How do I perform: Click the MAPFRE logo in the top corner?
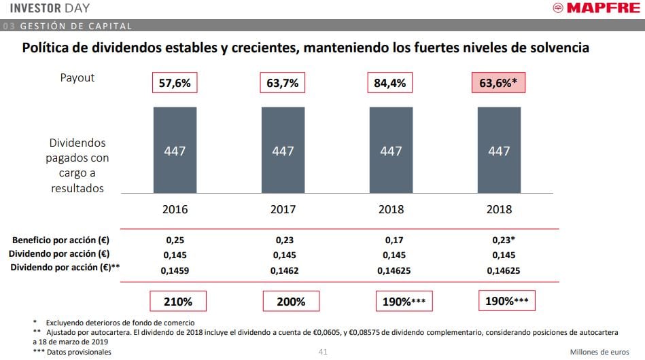tap(595, 9)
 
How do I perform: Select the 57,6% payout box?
tap(175, 84)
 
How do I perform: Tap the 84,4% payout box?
tap(391, 84)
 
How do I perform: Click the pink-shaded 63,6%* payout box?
tap(499, 84)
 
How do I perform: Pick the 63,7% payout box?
tap(283, 84)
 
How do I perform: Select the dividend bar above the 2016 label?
tap(175, 150)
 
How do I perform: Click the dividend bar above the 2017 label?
tap(283, 150)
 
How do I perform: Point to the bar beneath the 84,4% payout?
tap(391, 150)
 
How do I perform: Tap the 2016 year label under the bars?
tap(175, 209)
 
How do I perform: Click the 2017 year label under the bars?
tap(283, 209)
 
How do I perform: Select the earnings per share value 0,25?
tap(175, 240)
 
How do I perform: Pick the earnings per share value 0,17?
tap(391, 240)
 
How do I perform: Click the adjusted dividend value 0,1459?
tap(175, 270)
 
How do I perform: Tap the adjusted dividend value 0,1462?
tap(283, 270)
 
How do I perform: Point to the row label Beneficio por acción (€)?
tap(61, 240)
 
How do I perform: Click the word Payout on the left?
tap(77, 78)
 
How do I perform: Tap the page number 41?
tap(323, 352)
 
